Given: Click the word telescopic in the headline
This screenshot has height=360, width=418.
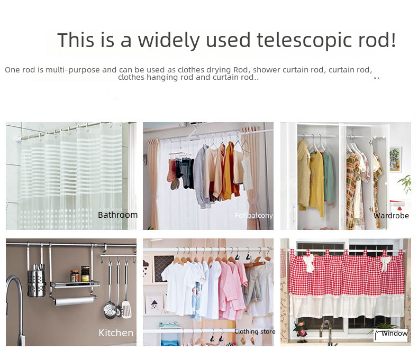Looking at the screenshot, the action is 304,40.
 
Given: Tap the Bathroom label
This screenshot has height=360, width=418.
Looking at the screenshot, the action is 117,215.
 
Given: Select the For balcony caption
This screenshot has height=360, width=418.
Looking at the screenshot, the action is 254,215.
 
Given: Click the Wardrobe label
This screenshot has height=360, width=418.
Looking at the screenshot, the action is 391,215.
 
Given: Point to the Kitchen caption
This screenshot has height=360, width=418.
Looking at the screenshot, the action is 116,333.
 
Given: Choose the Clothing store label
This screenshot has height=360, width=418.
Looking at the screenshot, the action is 255,331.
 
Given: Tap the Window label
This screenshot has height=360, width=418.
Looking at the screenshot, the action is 395,334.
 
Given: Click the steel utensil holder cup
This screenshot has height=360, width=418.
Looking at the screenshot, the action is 37,283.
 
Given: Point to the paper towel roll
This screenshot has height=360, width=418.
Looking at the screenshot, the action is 74,301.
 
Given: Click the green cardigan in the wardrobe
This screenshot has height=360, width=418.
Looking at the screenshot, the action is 329,177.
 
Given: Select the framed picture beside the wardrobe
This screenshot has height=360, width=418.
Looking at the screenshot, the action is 396,160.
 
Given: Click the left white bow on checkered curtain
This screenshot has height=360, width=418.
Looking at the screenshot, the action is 309,263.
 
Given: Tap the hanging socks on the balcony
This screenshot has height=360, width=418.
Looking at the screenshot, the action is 180,173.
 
